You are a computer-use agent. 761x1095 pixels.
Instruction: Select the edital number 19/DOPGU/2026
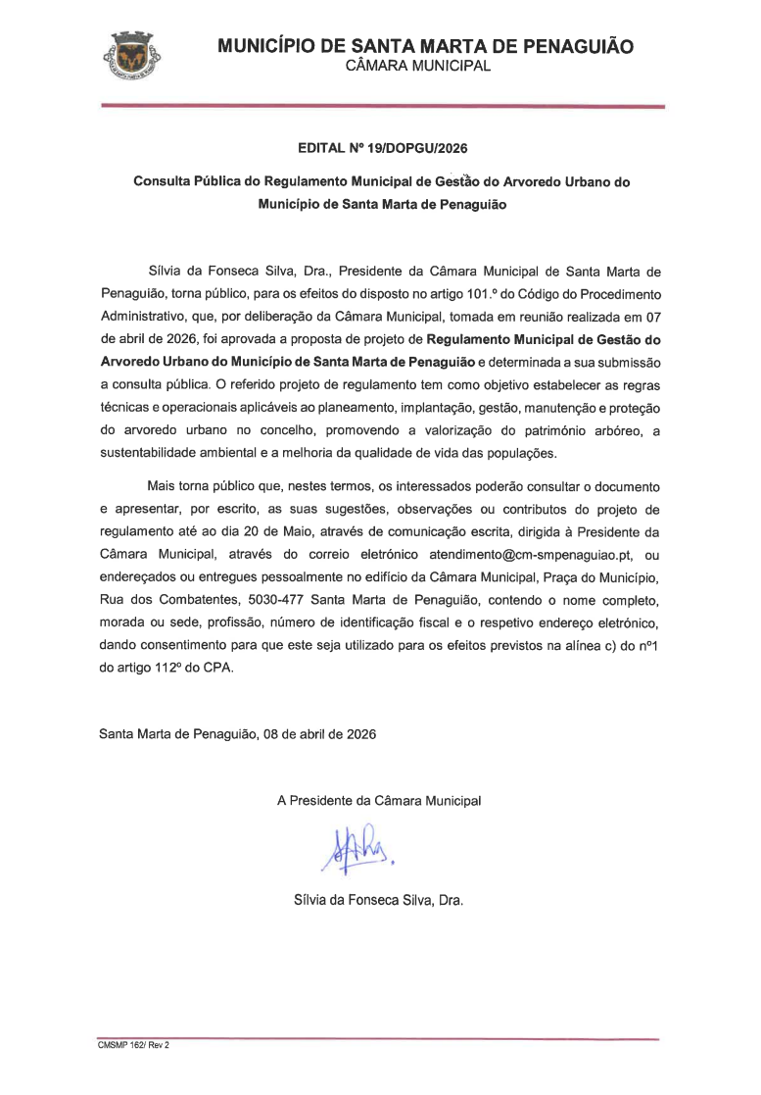click(416, 150)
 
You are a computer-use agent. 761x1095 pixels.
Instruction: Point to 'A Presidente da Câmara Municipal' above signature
click(379, 801)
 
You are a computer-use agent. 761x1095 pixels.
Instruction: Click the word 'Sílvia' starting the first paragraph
click(167, 271)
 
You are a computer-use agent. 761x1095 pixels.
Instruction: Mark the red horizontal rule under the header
click(382, 106)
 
